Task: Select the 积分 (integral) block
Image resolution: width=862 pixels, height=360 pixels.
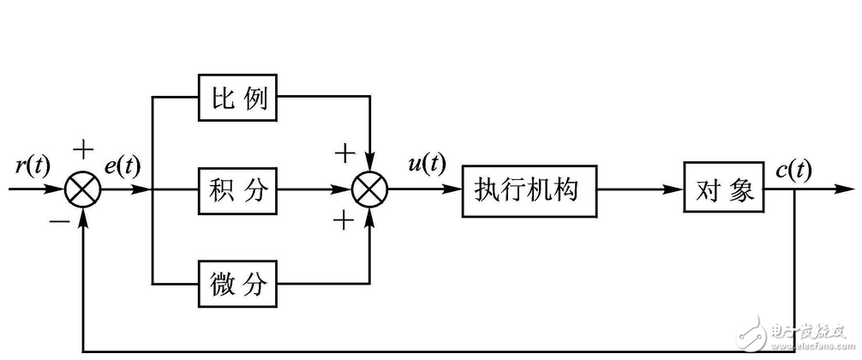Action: pos(239,190)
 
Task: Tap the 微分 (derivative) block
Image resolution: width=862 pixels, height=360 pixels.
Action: pos(239,284)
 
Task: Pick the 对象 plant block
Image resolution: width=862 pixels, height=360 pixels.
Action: pos(722,190)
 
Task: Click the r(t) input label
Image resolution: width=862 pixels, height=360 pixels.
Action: pos(33,166)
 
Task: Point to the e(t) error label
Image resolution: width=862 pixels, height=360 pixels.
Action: pos(123,166)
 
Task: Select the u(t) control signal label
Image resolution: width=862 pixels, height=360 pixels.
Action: pos(425,164)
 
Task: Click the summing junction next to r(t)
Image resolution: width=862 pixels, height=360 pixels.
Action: pos(83,190)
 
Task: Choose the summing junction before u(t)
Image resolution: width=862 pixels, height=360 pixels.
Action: pos(371,190)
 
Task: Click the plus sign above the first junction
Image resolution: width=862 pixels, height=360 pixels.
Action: pos(82,151)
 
